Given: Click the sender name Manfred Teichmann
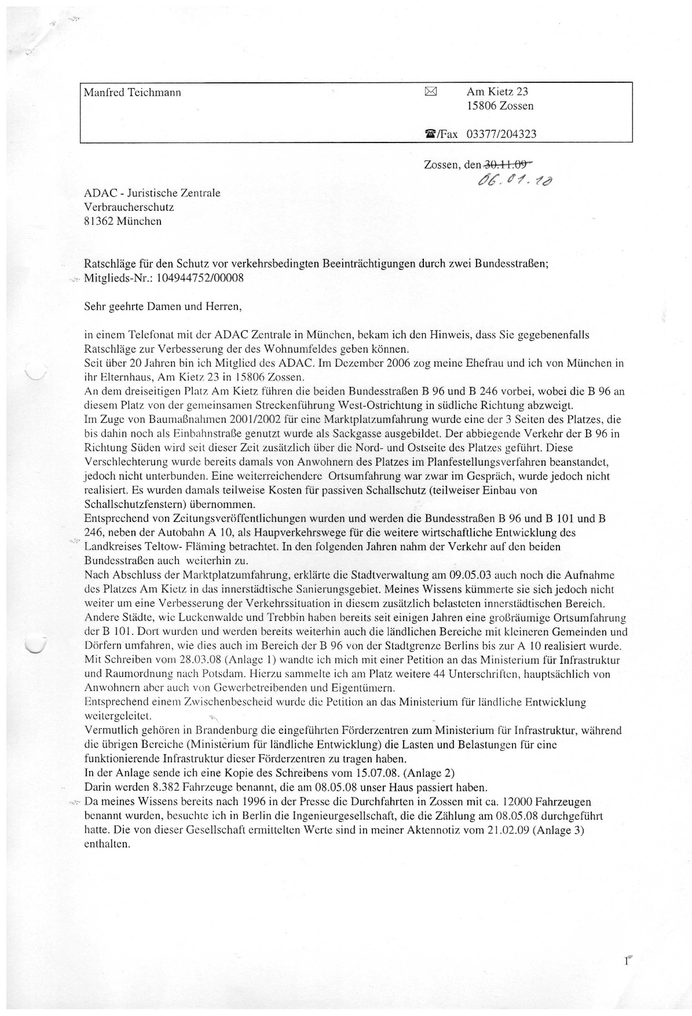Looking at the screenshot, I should [133, 93].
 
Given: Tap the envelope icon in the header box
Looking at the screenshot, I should [431, 91].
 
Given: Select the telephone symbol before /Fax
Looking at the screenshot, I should [430, 134].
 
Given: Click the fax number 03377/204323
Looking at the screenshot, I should [501, 134].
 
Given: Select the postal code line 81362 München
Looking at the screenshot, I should [123, 221].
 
